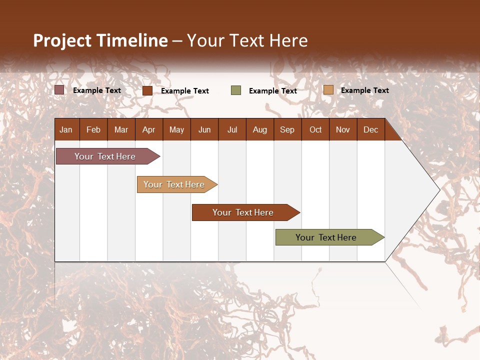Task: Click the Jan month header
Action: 66,129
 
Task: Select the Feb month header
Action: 93,129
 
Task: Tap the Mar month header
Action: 121,129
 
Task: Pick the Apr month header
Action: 149,129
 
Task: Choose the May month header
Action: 176,129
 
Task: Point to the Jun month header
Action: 204,129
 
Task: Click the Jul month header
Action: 232,129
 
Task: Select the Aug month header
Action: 260,129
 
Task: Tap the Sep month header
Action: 287,129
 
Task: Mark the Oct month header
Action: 315,129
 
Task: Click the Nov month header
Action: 343,129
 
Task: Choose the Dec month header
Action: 370,129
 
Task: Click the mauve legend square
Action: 59,90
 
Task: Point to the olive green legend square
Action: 236,90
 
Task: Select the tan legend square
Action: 328,90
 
